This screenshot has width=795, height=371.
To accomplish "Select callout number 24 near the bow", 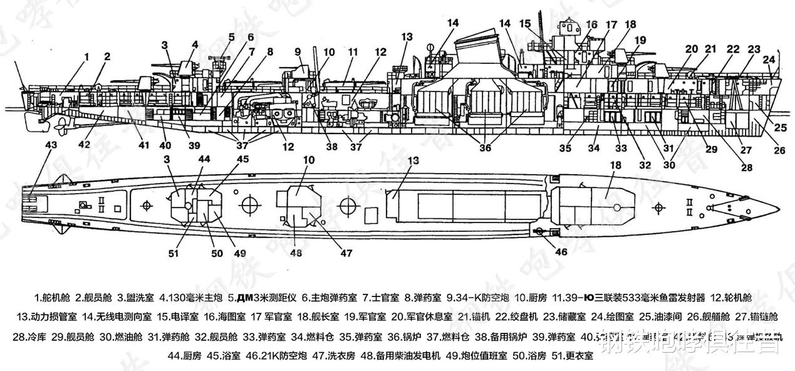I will pos(769,60).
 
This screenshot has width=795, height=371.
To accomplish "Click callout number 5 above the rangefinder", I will pos(231,36).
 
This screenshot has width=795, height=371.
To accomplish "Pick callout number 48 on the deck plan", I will pos(296,253).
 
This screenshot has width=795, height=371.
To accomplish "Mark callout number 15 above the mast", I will pos(526,23).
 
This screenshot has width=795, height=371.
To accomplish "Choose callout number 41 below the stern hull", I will pos(143,146).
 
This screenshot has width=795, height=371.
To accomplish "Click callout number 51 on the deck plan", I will pos(173,253).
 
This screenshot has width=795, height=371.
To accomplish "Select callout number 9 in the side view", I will pos(298,51).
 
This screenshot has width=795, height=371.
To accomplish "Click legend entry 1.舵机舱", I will pos(55,296).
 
